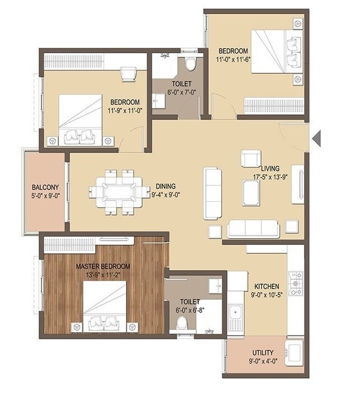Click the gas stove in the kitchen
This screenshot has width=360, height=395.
tap(295, 283)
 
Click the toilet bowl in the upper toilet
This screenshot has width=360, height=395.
tap(190, 63)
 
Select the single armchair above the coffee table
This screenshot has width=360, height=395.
tap(250, 159)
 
